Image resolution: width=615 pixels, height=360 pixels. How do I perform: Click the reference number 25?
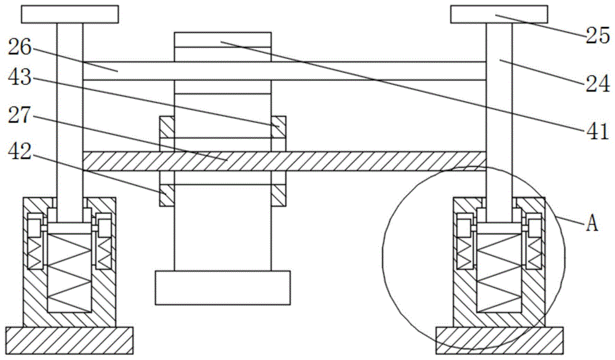[596, 37]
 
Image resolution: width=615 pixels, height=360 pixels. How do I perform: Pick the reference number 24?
[596, 85]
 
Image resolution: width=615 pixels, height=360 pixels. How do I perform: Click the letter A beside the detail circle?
[591, 223]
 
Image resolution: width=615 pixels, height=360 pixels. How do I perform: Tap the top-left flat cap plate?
[69, 13]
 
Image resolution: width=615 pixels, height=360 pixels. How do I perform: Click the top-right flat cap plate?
[499, 13]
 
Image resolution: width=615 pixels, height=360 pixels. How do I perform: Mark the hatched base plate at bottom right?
[499, 341]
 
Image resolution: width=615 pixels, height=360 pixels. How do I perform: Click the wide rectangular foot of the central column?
[223, 287]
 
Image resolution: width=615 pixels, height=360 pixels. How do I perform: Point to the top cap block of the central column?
[223, 39]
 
